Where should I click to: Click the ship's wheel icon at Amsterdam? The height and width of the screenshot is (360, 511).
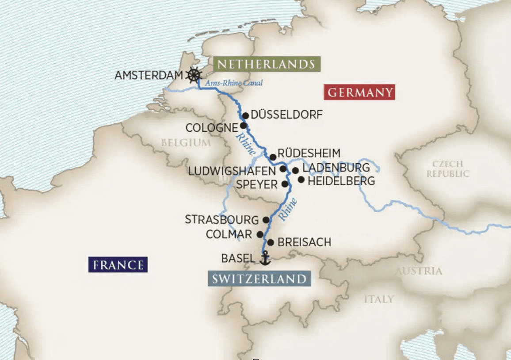point(194,75)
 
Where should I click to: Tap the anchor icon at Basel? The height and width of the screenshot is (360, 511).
point(264,258)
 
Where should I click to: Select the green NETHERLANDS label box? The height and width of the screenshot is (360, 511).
point(267,64)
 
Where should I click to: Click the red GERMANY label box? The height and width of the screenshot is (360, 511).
point(359,92)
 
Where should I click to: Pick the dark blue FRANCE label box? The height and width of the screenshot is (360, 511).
point(118,265)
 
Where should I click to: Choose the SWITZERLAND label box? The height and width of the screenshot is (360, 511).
point(259,279)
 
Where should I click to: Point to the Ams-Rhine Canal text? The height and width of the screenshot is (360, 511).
point(234,83)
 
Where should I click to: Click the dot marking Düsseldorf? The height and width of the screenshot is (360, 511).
point(245,115)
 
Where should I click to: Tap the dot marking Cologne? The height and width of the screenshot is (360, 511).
point(243,126)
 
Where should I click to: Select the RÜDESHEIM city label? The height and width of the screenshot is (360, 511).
point(309,153)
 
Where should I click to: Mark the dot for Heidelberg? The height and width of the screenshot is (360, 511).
point(301,180)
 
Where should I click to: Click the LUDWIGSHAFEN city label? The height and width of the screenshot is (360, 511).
point(232,171)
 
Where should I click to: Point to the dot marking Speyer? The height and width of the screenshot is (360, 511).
point(285,184)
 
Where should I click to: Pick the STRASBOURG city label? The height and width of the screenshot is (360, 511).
point(221,219)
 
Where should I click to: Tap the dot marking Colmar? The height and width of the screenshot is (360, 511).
point(260,234)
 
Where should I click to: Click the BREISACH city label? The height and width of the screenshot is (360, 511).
point(305,243)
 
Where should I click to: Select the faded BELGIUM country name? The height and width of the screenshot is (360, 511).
point(186,143)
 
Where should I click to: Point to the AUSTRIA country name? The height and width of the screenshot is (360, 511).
point(419,271)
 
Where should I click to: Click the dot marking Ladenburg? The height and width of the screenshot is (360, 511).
point(295,170)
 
